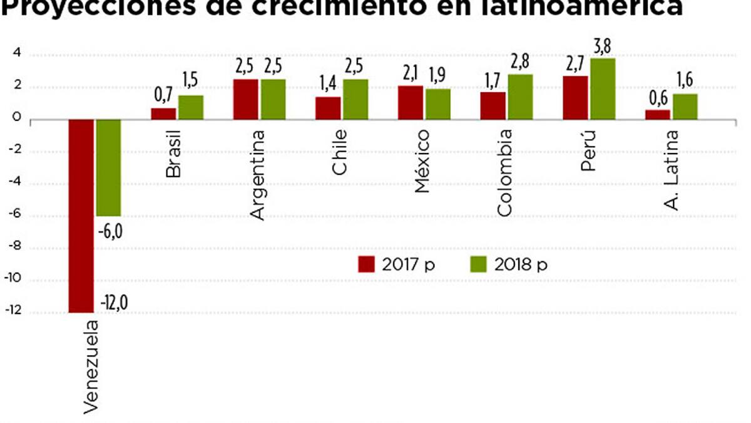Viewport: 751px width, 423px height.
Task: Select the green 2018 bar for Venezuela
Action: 108,167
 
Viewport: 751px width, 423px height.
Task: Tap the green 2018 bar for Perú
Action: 602,88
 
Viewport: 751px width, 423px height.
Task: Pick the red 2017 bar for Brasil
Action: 163,113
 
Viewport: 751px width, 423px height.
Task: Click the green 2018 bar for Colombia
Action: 520,97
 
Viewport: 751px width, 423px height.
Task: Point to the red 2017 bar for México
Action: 411,102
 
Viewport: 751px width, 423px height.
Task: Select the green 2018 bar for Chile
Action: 355,99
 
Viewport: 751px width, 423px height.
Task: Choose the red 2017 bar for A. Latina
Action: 658,114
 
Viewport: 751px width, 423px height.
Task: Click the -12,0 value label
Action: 114,303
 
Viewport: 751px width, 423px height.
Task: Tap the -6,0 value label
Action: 110,231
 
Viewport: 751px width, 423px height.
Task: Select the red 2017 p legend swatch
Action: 365,264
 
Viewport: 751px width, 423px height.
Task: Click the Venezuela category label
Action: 90,367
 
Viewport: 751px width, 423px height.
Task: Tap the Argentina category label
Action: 257,175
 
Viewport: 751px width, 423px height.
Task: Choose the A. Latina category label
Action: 672,169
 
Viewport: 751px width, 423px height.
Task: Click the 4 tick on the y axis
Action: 17,55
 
